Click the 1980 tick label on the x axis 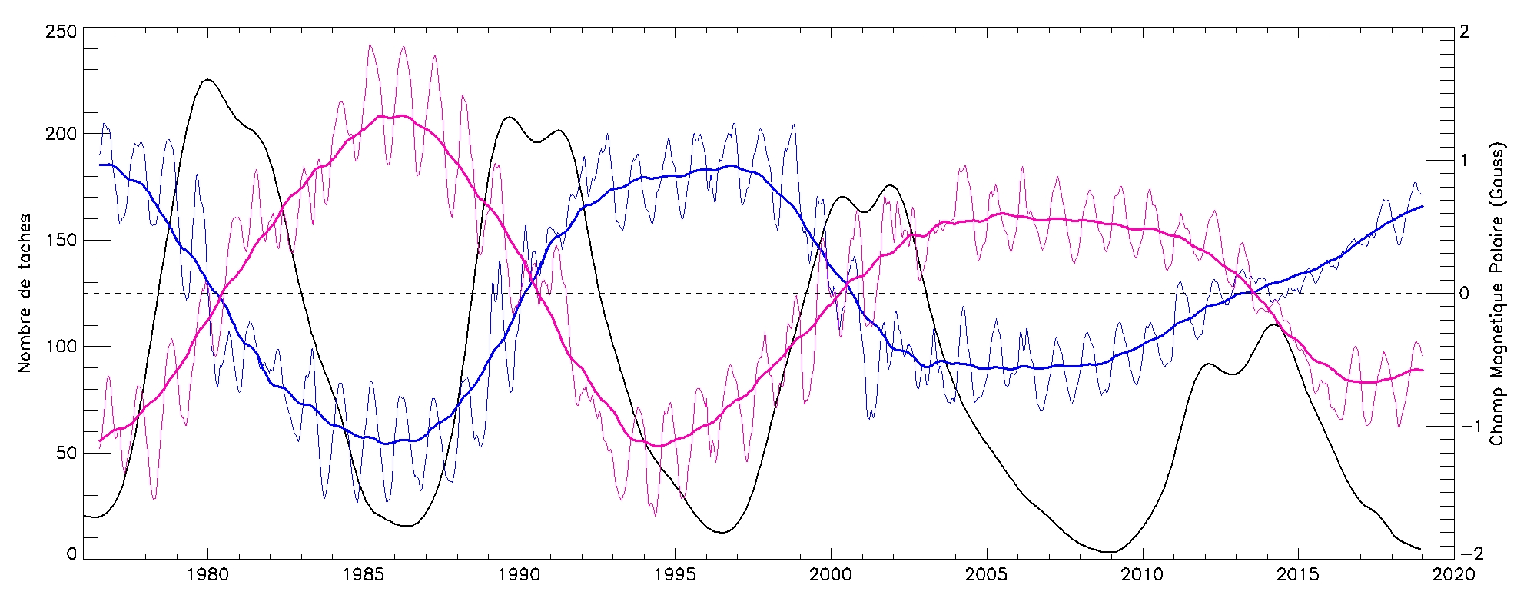pos(207,575)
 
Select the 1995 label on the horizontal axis pos(675,575)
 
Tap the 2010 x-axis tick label pos(1142,575)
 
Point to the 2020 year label pos(1454,575)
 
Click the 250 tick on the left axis pos(61,32)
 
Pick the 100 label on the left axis pos(61,347)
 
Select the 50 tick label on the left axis pos(66,453)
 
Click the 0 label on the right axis pos(1464,294)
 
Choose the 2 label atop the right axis pos(1464,32)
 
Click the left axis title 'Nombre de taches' pos(25,294)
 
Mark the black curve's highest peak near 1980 pos(207,79)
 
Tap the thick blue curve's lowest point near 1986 pos(387,444)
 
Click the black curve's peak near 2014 pos(1273,324)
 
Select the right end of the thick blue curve pos(1422,206)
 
